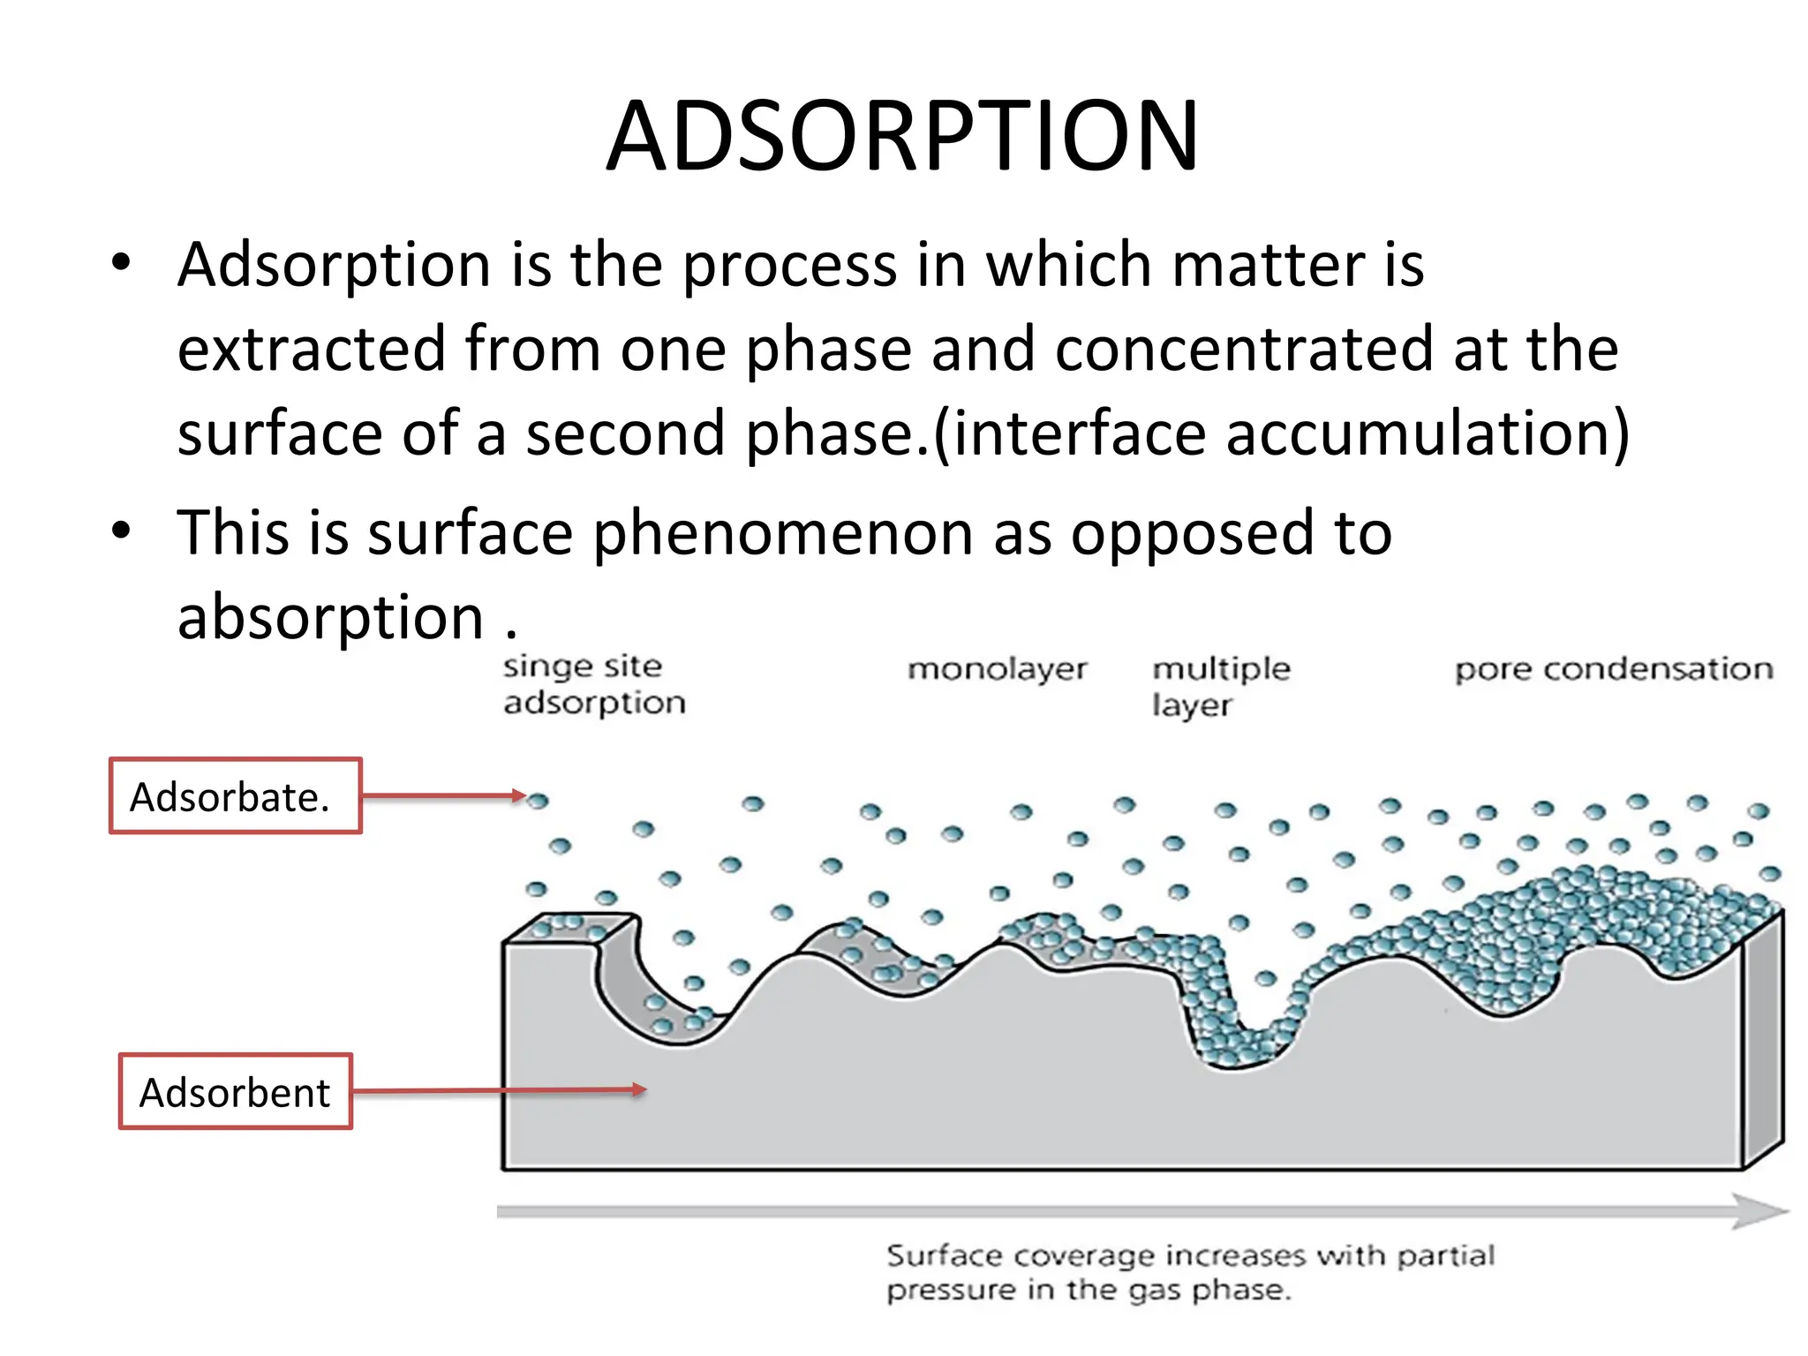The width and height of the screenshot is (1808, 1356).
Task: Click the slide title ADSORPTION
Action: tap(902, 136)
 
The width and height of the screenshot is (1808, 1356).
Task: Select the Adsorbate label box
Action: tap(235, 795)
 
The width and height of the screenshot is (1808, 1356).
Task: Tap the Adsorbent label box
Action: tap(235, 1091)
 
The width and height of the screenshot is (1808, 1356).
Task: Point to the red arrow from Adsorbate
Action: tap(441, 796)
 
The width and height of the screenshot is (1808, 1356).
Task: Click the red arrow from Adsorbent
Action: tap(499, 1091)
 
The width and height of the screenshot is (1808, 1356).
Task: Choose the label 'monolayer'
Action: tap(997, 669)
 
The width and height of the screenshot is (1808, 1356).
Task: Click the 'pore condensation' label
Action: tap(1613, 669)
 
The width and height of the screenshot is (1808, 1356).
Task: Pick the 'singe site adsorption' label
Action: tap(593, 684)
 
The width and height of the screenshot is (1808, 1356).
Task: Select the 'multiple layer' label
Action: tap(1220, 686)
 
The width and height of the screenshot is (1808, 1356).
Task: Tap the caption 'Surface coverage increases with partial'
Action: tap(1190, 1254)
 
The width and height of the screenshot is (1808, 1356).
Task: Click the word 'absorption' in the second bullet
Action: tap(330, 616)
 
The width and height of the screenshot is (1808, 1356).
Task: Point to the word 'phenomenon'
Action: tap(783, 533)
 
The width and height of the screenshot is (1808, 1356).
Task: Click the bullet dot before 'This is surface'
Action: tap(121, 531)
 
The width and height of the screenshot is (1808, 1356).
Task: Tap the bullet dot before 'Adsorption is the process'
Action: tap(121, 262)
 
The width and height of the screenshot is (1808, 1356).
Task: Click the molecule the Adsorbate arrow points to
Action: tap(538, 801)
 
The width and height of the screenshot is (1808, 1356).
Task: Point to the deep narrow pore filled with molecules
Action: tap(1232, 1015)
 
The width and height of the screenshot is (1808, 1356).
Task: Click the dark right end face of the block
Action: tap(1762, 1042)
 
